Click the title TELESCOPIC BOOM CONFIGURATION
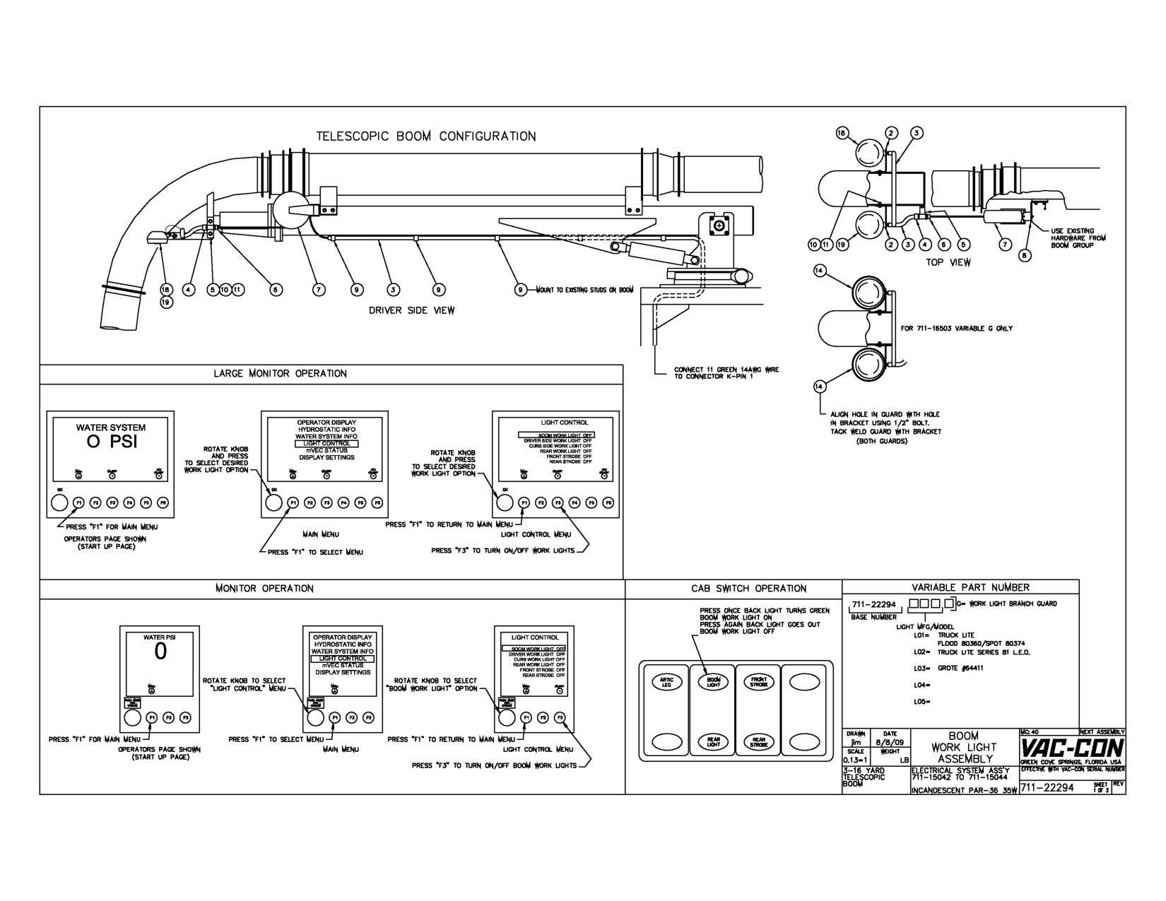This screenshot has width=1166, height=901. coord(425,136)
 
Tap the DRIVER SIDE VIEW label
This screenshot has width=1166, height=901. coord(411,310)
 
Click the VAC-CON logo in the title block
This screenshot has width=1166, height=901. coord(1072,748)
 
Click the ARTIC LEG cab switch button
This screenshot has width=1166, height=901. coord(666,682)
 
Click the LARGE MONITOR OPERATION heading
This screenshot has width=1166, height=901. coord(281,374)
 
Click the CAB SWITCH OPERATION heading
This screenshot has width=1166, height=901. coord(748,589)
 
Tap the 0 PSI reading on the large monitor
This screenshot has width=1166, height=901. coord(111,442)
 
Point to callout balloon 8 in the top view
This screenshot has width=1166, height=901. coord(1025,256)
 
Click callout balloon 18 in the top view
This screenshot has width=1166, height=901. coord(842,133)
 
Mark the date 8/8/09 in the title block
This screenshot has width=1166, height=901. coord(888,743)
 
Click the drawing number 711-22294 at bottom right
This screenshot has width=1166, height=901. coord(1047,787)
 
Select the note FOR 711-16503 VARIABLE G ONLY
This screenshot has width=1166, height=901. coord(956,328)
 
